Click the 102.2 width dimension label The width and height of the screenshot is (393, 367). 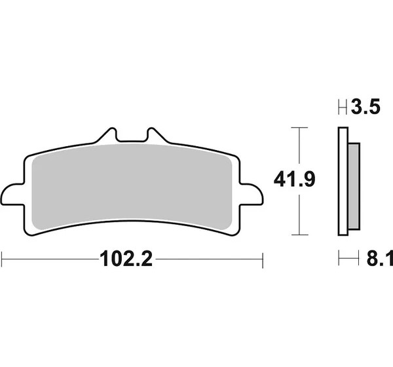coord(126,259)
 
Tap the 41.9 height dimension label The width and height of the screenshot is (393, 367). coord(294,180)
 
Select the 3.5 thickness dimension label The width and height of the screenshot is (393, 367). coord(365,107)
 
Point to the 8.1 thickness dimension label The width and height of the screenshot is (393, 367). coord(380,259)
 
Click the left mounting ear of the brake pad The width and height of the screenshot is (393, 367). coord(13,195)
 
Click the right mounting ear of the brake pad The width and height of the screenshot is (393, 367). coord(251,195)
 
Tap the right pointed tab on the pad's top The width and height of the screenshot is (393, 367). coord(156,136)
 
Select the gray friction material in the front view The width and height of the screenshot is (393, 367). coord(132,187)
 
